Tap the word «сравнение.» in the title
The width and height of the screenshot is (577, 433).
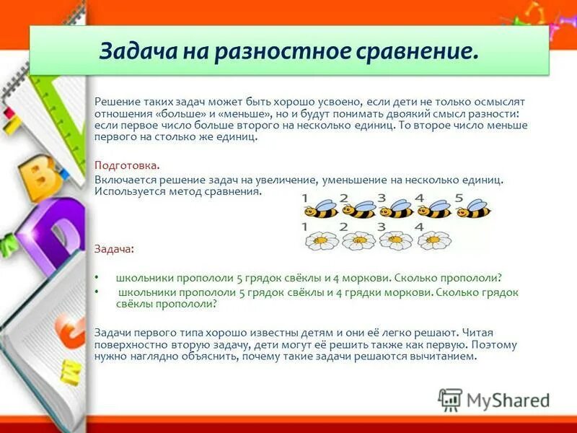428,51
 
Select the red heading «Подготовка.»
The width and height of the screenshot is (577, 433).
127,165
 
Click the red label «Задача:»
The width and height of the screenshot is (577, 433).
114,248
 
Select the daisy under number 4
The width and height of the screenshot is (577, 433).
435,240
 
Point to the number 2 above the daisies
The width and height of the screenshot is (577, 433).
343,227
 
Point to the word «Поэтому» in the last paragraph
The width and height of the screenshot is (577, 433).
495,345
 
